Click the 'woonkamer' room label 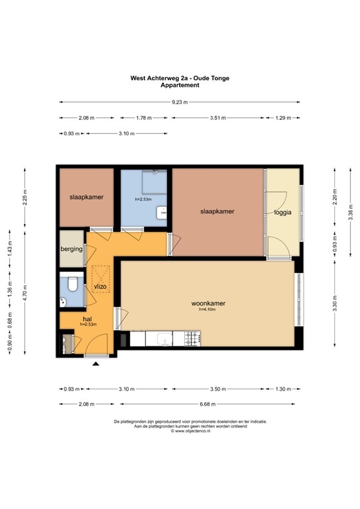(209, 303)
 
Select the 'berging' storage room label (72, 249)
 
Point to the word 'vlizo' (101, 286)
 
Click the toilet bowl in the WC (74, 286)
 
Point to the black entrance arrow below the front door (96, 364)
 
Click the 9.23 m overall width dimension (180, 102)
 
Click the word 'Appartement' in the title (180, 85)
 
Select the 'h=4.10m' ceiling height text (208, 310)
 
